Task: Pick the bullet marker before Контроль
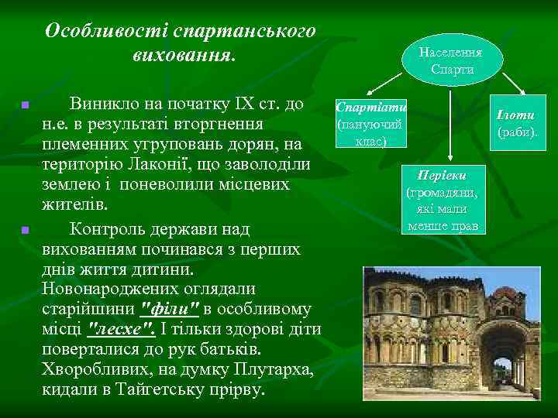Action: [25, 230]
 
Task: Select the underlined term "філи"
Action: [170, 310]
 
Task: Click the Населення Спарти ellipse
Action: [450, 61]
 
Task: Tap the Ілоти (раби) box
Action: [517, 122]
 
